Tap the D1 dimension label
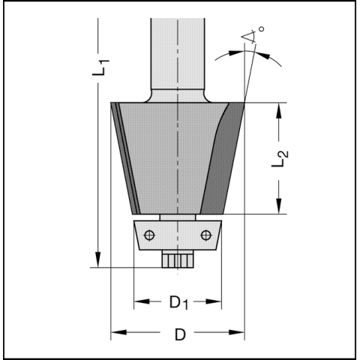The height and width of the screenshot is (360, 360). point(178,302)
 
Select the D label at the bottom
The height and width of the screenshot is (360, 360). point(180,334)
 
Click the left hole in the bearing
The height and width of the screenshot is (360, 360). point(149,235)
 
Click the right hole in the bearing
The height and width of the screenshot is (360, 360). point(206,235)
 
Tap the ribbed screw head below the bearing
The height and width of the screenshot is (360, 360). point(178,259)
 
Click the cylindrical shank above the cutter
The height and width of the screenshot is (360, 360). point(178,54)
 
